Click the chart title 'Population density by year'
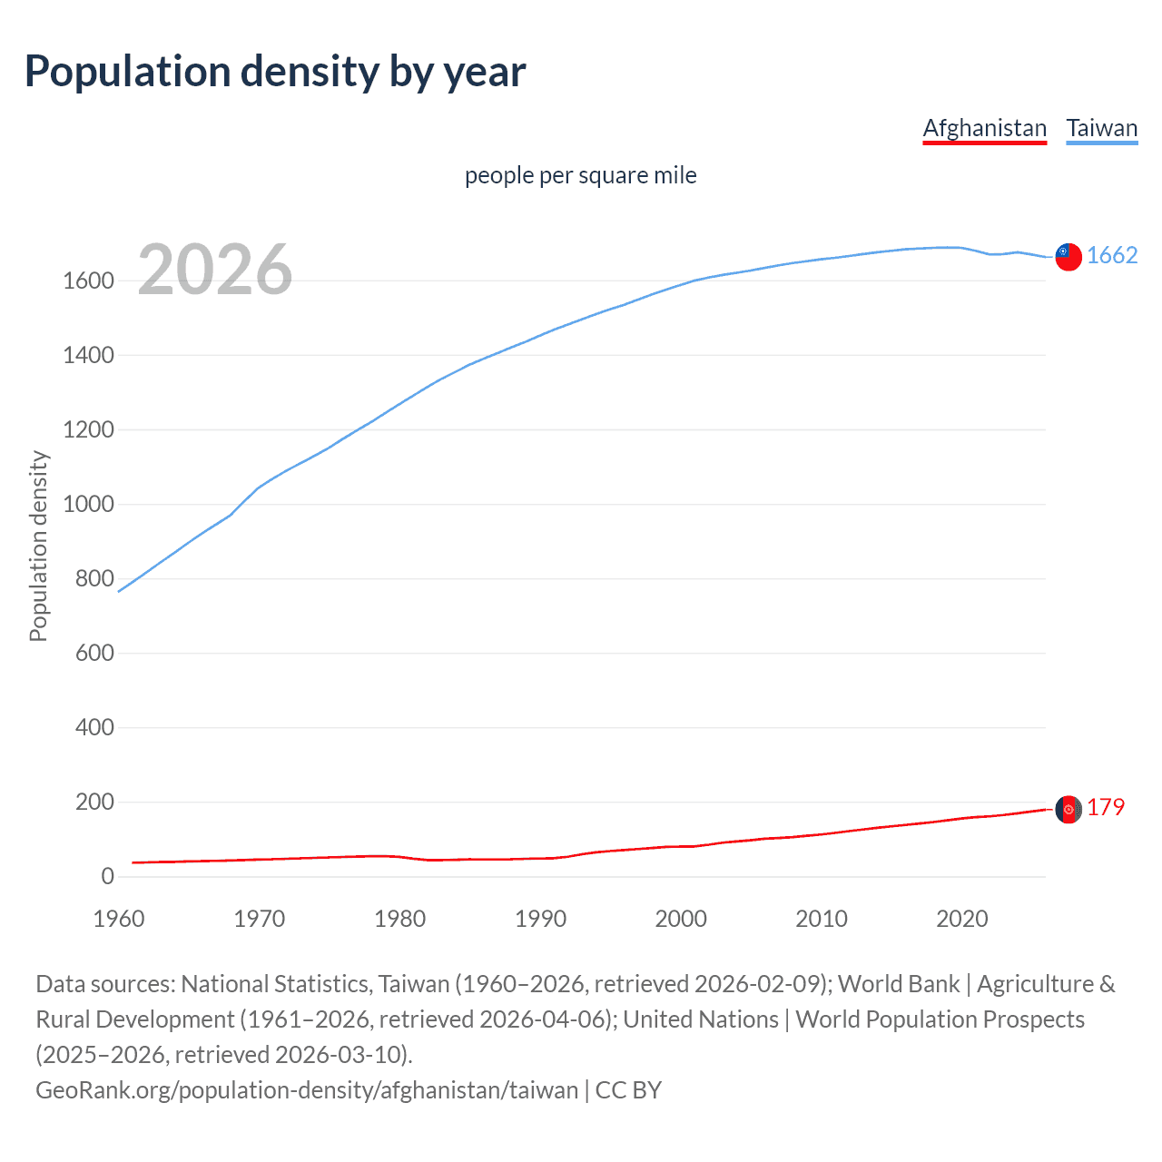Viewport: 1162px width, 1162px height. tap(275, 72)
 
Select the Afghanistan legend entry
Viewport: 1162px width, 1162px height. tap(984, 128)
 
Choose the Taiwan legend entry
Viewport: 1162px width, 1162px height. tap(1101, 128)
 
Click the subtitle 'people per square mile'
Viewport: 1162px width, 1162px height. tap(580, 175)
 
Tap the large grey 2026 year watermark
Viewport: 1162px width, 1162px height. tap(215, 270)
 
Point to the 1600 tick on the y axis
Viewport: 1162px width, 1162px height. tap(88, 281)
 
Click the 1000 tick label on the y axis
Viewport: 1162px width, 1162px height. tap(88, 504)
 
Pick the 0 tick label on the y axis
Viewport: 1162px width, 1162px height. tap(107, 876)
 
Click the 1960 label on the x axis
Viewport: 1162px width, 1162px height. tap(119, 919)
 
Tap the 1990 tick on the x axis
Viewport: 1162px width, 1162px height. tap(540, 919)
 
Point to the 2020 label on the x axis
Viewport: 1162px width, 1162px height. tap(961, 919)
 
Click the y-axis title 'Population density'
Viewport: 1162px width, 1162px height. tap(38, 546)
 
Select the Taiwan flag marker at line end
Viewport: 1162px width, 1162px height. tap(1068, 257)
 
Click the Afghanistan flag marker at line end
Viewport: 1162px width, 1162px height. tap(1068, 808)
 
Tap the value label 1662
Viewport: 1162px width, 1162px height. tap(1112, 256)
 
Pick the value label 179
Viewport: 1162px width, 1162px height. tap(1106, 807)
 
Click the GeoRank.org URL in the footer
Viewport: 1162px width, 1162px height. tap(307, 1089)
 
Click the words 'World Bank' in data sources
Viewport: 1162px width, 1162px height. tap(898, 984)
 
